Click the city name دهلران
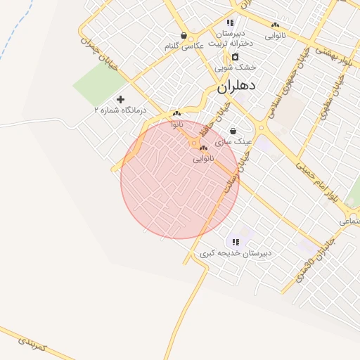point(236,86)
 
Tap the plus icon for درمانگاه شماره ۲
point(120,100)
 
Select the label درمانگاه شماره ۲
point(119,110)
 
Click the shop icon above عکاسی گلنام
point(184,35)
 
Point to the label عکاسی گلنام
point(184,46)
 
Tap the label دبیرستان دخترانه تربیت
point(230,38)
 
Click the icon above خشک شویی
point(235,57)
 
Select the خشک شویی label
point(235,67)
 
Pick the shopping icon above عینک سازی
point(233,131)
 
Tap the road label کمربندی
point(34,343)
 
